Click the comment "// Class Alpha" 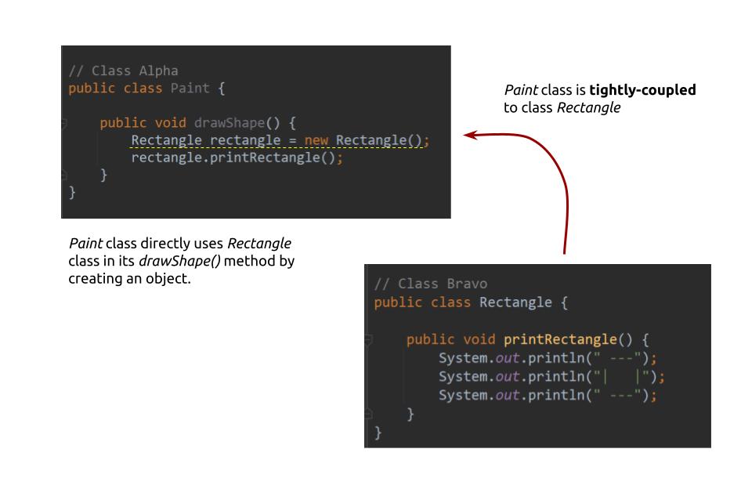tap(123, 71)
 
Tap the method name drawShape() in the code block tap(231, 123)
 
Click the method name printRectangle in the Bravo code tap(558, 339)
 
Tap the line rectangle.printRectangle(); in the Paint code tap(237, 158)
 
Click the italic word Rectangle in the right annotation tap(593, 108)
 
